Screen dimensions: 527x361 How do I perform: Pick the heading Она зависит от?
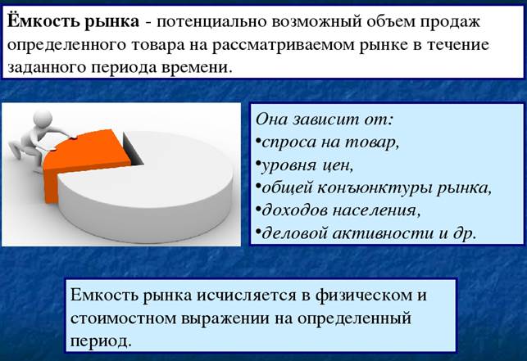click(324, 120)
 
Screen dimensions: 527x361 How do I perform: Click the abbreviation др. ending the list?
click(465, 234)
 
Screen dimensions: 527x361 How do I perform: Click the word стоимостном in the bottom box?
click(123, 318)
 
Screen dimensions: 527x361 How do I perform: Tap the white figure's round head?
click(43, 119)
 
